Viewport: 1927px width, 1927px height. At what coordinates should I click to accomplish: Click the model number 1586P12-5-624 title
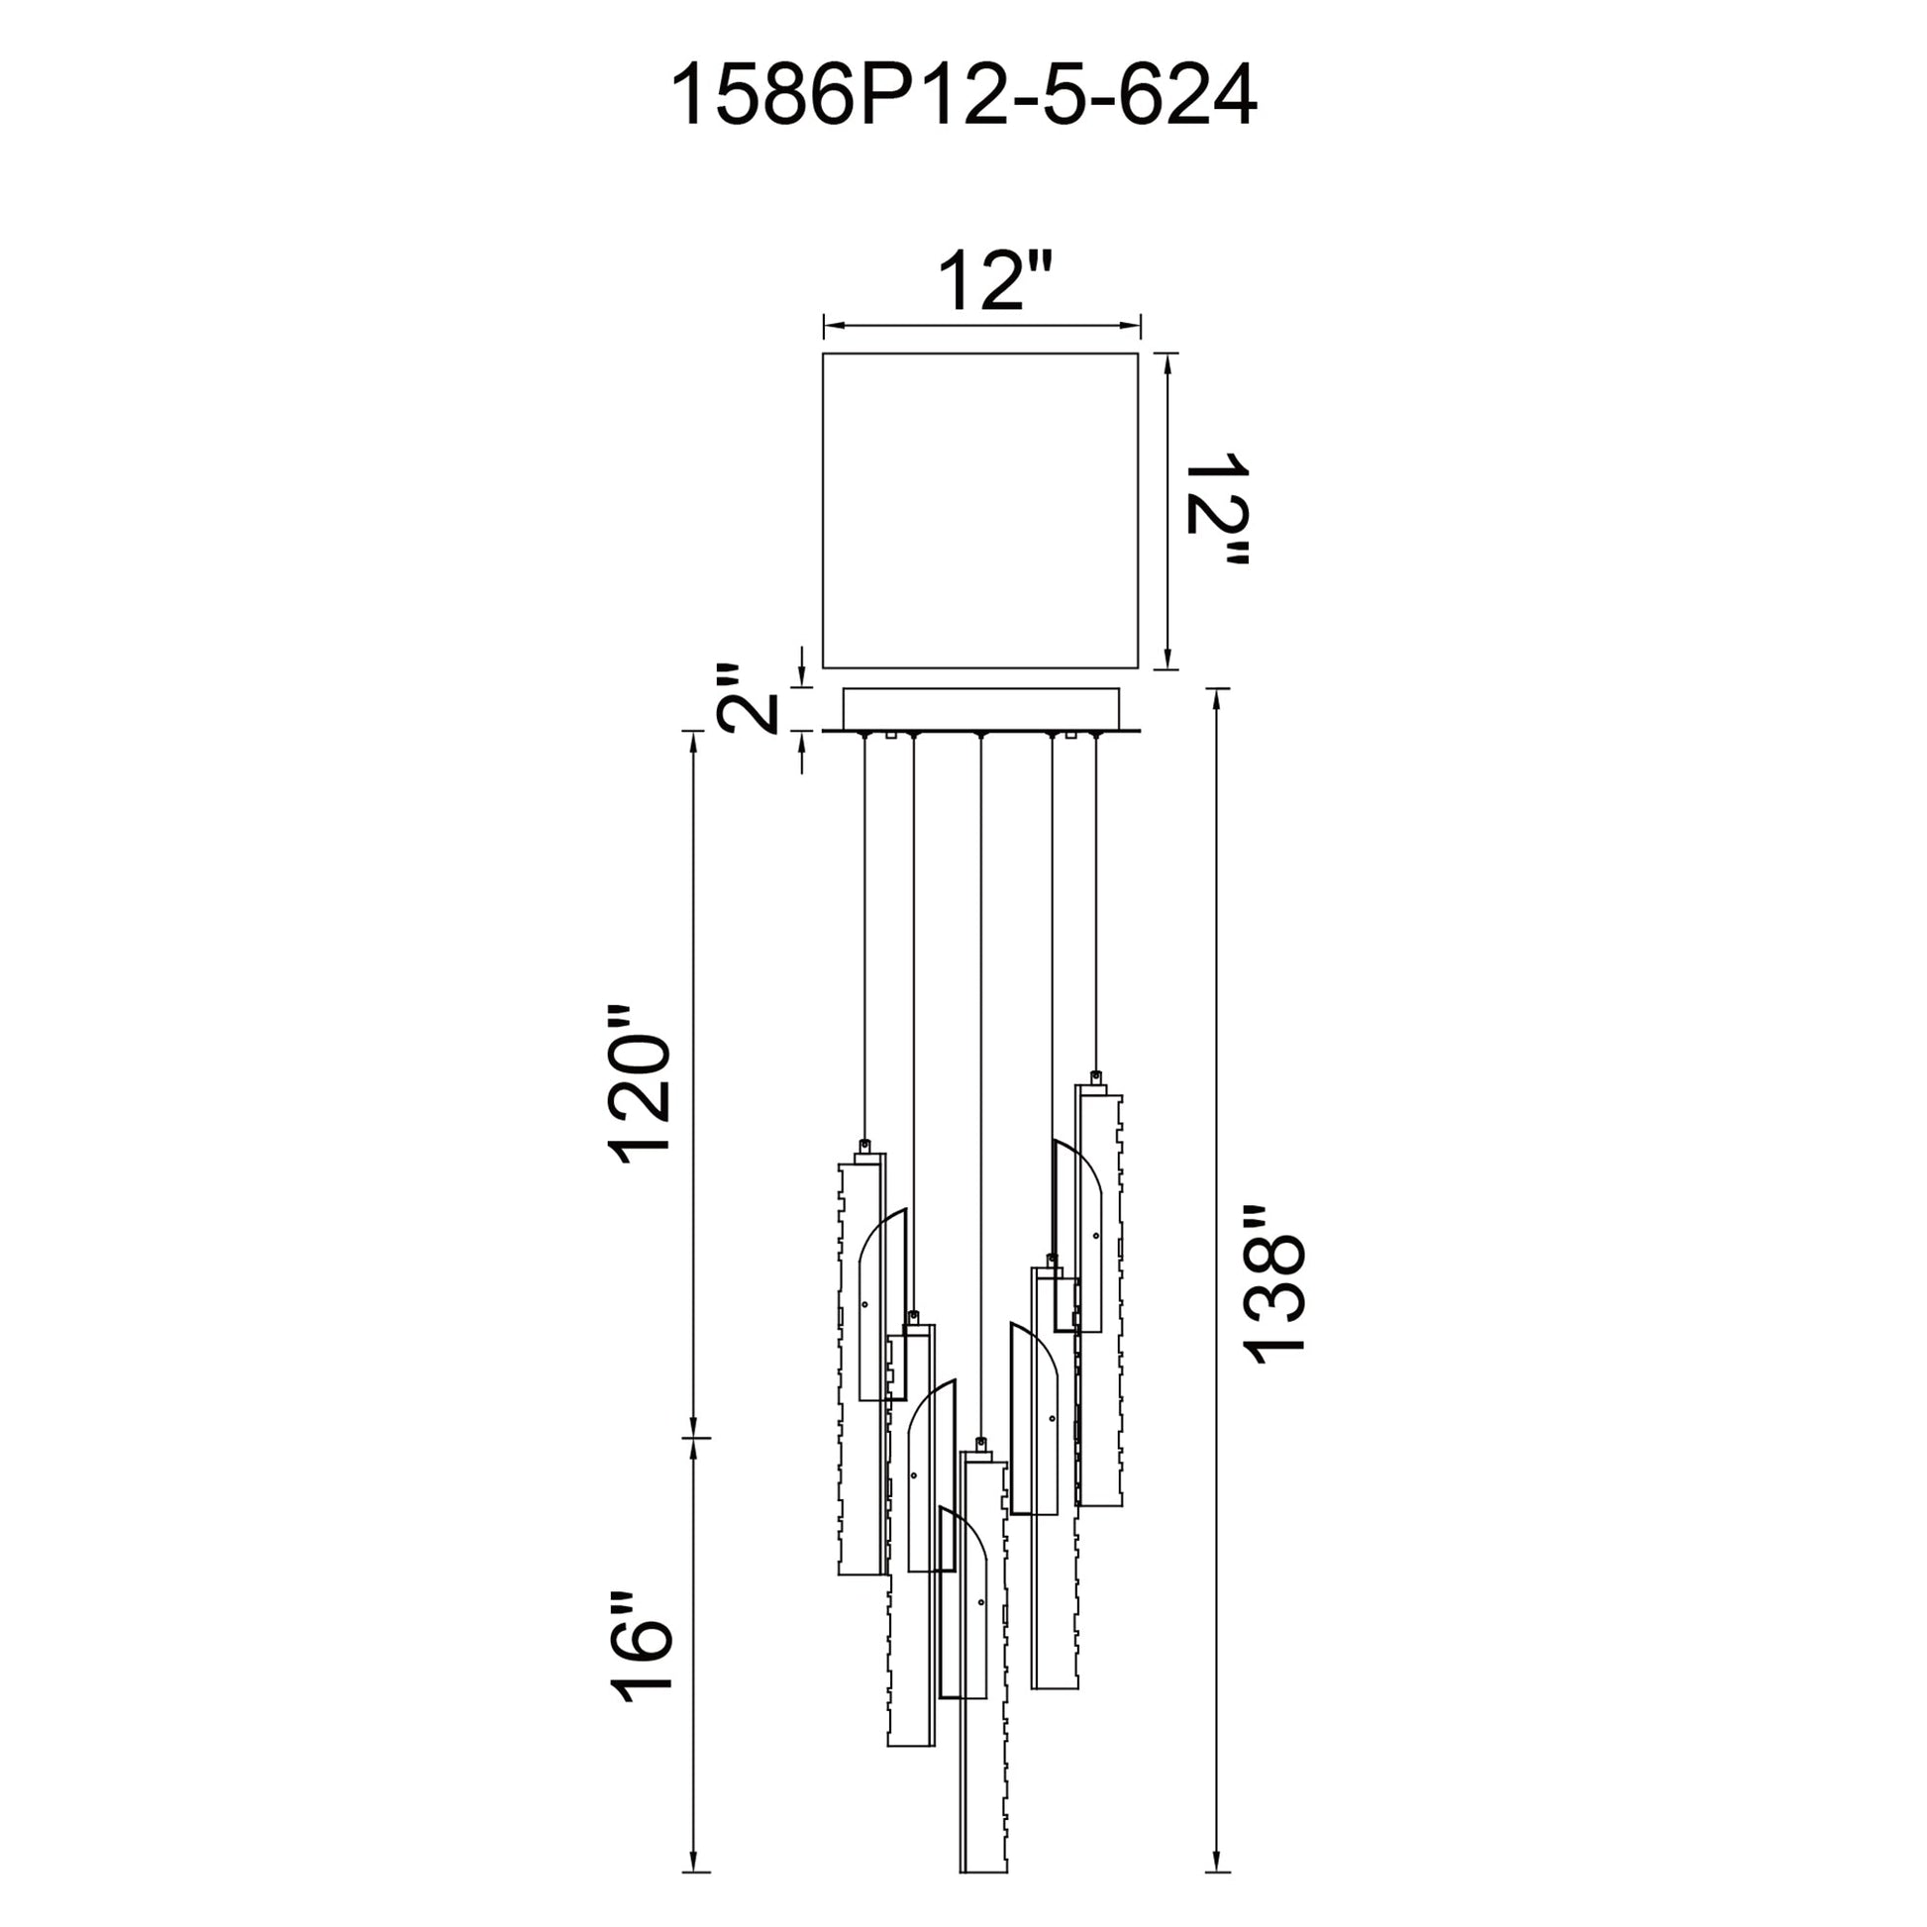click(963, 96)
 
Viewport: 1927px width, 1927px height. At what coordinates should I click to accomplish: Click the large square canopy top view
click(980, 510)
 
